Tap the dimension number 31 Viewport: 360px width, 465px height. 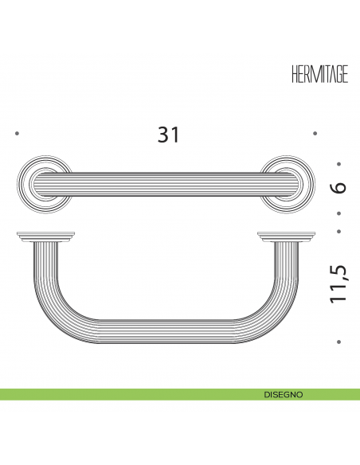coord(168,135)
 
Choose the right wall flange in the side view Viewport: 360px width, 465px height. coord(287,236)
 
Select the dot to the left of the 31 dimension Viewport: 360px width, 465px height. coord(17,134)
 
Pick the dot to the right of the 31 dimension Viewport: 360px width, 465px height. coord(315,133)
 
